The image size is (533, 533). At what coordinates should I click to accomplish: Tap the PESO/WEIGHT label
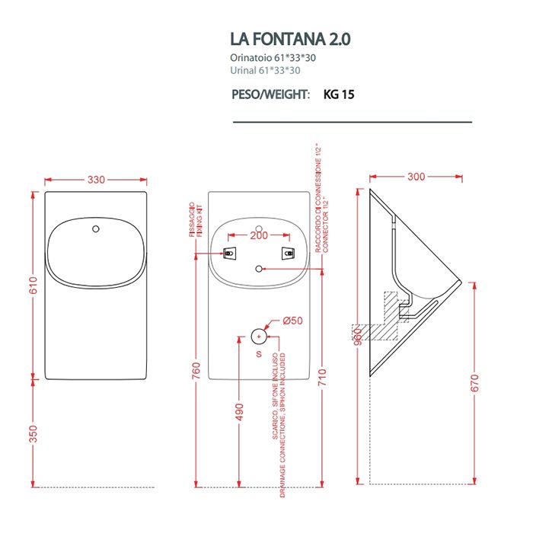click(x=270, y=95)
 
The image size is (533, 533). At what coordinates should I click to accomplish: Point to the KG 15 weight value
click(x=339, y=95)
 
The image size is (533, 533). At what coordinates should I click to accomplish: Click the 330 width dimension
click(x=96, y=180)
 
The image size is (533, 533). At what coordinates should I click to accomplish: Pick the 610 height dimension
click(x=33, y=286)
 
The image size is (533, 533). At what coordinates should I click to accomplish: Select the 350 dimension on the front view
click(x=33, y=434)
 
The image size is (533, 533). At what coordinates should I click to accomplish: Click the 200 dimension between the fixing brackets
click(x=260, y=237)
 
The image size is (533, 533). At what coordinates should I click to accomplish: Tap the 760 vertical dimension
click(x=196, y=371)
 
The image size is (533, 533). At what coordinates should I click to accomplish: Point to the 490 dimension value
click(x=239, y=412)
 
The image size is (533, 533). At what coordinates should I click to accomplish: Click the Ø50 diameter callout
click(x=292, y=321)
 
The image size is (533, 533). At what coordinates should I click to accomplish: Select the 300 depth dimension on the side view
click(x=416, y=177)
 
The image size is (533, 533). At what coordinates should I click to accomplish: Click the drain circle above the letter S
click(x=260, y=335)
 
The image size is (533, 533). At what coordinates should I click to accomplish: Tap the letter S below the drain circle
click(x=258, y=354)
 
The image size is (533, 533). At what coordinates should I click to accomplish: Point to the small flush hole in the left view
click(x=96, y=228)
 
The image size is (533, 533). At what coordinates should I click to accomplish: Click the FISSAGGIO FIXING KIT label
click(x=194, y=222)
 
